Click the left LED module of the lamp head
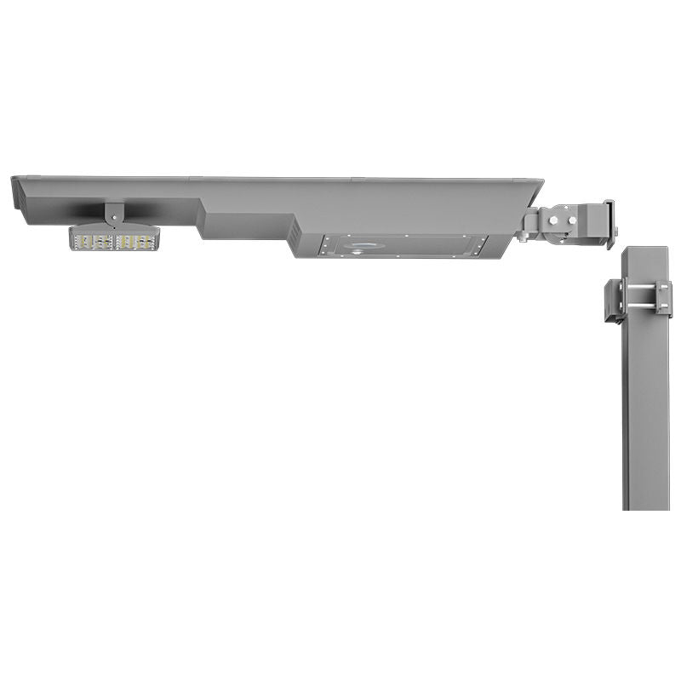point(94,241)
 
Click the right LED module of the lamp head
point(136,241)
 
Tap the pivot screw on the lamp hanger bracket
point(113,218)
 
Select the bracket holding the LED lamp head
point(114,213)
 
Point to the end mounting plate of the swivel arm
point(609,223)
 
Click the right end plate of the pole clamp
point(665,299)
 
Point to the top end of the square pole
point(646,252)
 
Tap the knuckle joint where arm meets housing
point(531,224)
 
